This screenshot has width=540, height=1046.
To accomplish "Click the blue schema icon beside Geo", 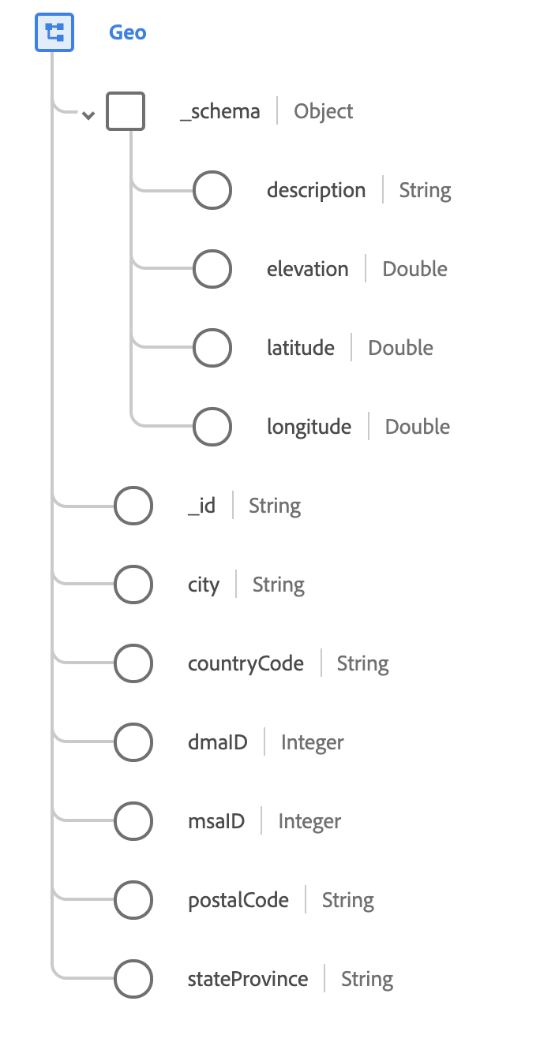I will coord(54,32).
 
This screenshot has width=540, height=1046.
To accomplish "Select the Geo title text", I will coord(128,33).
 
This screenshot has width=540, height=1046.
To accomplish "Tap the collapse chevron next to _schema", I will coord(88,115).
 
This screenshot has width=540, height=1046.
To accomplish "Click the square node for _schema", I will coord(126,111).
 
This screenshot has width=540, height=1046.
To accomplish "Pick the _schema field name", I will coord(220,111).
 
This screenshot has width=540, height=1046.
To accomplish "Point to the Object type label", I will coord(324,111).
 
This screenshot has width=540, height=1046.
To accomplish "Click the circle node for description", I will coord(212,190).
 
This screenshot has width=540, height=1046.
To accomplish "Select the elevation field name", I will coord(308,269).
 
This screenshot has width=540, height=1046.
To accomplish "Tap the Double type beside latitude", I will coord(401,348).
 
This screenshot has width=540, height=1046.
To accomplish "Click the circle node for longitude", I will coord(212,427).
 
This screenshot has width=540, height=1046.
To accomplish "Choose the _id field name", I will coord(202,506).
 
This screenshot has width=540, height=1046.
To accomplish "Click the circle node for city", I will coord(133,585).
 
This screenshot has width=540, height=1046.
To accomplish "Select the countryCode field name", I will coord(246,663).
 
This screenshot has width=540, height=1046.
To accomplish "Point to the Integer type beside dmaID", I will coord(313,742).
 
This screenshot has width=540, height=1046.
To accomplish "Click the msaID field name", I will coord(216,821).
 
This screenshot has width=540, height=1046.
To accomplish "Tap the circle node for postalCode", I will coord(133,900).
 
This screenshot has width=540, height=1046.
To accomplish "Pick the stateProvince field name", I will coord(248,979).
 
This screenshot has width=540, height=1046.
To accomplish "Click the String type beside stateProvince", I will coord(367,979).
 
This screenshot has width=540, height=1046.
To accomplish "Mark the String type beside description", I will coord(426,190).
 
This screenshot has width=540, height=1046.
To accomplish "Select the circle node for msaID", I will coord(133,821).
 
